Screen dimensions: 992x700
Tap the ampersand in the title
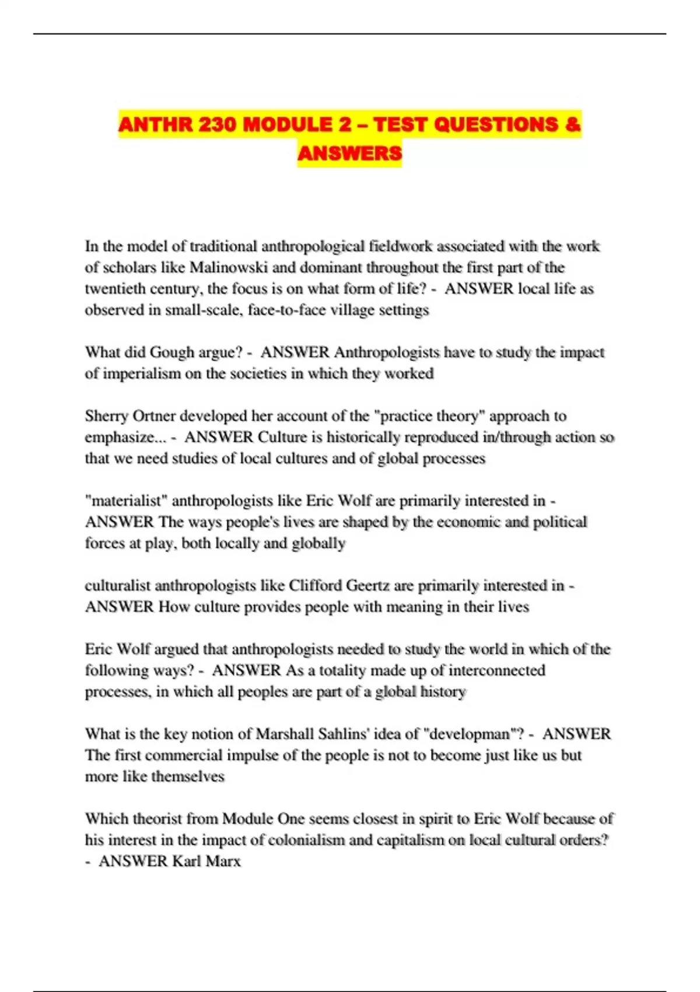573,125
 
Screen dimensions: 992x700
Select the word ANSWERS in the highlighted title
349,153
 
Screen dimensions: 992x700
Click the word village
353,310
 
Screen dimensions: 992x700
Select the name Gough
171,352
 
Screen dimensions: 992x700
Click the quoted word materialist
126,501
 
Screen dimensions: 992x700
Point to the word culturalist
117,585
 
